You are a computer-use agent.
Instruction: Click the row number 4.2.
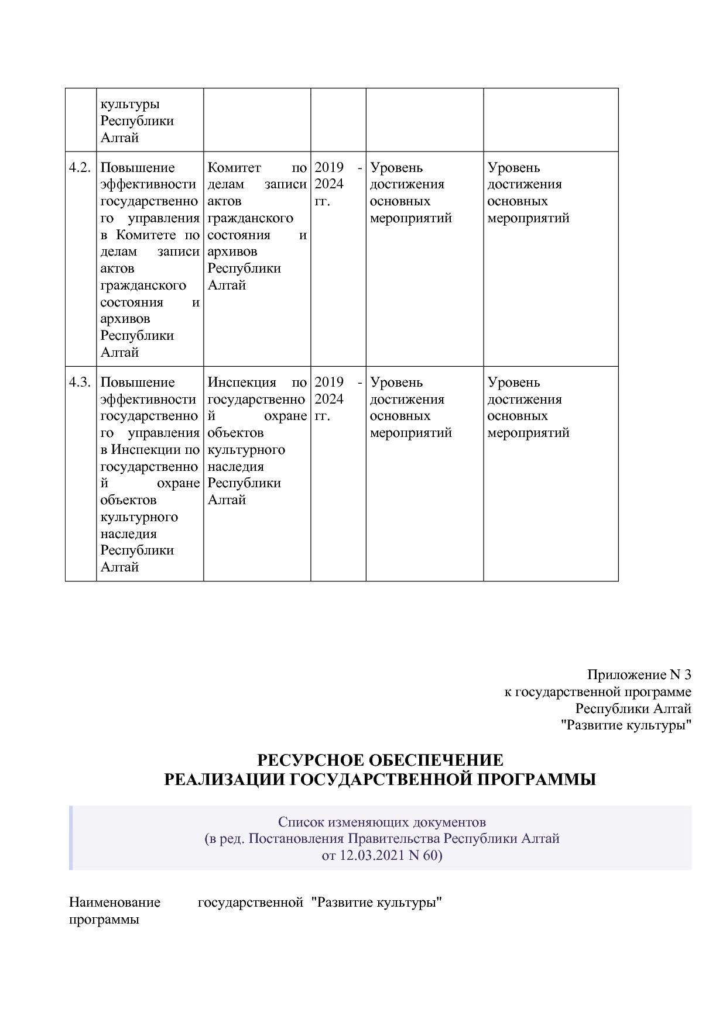pyautogui.click(x=80, y=168)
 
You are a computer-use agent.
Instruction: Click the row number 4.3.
pyautogui.click(x=80, y=383)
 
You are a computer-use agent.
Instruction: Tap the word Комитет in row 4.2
pyautogui.click(x=234, y=168)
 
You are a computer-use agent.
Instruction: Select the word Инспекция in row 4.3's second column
pyautogui.click(x=241, y=383)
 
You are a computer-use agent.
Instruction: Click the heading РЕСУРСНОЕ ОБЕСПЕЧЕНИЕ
pyautogui.click(x=380, y=760)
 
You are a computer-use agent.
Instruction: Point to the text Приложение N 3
pyautogui.click(x=639, y=675)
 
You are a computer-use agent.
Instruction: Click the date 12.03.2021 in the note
pyautogui.click(x=370, y=855)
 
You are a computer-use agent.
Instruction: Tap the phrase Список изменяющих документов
pyautogui.click(x=382, y=822)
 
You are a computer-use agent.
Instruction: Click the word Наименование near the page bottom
pyautogui.click(x=115, y=902)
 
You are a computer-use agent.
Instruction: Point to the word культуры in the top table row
pyautogui.click(x=130, y=105)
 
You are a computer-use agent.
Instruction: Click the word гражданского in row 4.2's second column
pyautogui.click(x=250, y=218)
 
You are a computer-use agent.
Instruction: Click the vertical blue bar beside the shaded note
pyautogui.click(x=71, y=838)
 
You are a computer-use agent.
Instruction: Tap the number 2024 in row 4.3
pyautogui.click(x=329, y=400)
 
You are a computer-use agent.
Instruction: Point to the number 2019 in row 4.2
pyautogui.click(x=329, y=168)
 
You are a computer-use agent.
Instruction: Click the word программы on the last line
pyautogui.click(x=104, y=920)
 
